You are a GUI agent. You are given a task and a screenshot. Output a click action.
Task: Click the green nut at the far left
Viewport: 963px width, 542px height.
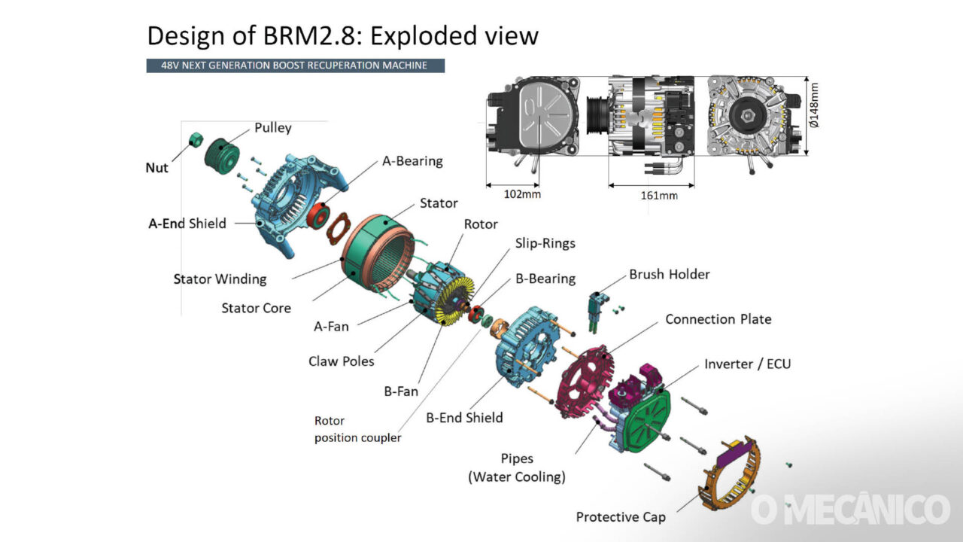[196, 139]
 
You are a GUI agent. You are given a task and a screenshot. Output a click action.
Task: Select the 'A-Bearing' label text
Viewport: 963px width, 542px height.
[412, 161]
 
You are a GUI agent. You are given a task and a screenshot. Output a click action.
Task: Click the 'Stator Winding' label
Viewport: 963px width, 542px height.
[220, 279]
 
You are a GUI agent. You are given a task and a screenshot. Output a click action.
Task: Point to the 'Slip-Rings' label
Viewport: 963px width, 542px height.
[545, 243]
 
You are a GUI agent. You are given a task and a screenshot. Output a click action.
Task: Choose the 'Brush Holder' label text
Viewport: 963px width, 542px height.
[669, 274]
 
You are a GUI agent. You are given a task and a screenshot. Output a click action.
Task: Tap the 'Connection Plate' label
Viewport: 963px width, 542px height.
[718, 319]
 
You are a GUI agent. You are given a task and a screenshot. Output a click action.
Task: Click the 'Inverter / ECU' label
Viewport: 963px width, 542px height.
[747, 364]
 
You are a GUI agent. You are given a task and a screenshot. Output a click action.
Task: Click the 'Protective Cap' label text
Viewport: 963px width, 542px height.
[620, 517]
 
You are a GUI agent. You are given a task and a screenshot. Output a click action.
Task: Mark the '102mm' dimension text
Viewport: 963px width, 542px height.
[522, 193]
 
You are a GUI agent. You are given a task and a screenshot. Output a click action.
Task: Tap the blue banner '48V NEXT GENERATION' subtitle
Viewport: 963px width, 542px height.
[295, 65]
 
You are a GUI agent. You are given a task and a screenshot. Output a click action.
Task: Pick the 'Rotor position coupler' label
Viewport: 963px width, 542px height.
[357, 429]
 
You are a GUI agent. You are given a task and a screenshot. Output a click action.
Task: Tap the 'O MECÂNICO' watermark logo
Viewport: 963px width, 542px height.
[849, 510]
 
